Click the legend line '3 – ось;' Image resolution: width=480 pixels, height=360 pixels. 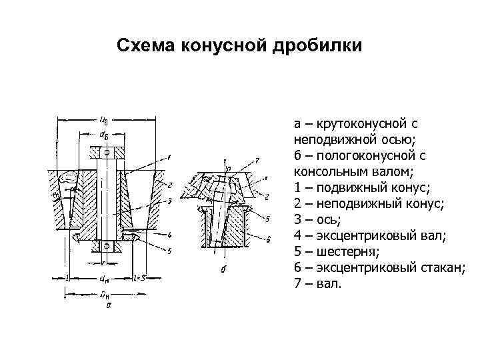pyautogui.click(x=316, y=220)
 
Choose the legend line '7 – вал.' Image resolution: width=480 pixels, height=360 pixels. pyautogui.click(x=317, y=284)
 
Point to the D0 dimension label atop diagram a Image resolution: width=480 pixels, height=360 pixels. pyautogui.click(x=104, y=121)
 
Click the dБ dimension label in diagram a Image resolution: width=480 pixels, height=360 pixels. pyautogui.click(x=105, y=135)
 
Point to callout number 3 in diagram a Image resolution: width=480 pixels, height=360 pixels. pyautogui.click(x=171, y=200)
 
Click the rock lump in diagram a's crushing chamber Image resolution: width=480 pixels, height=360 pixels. pyautogui.click(x=69, y=178)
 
